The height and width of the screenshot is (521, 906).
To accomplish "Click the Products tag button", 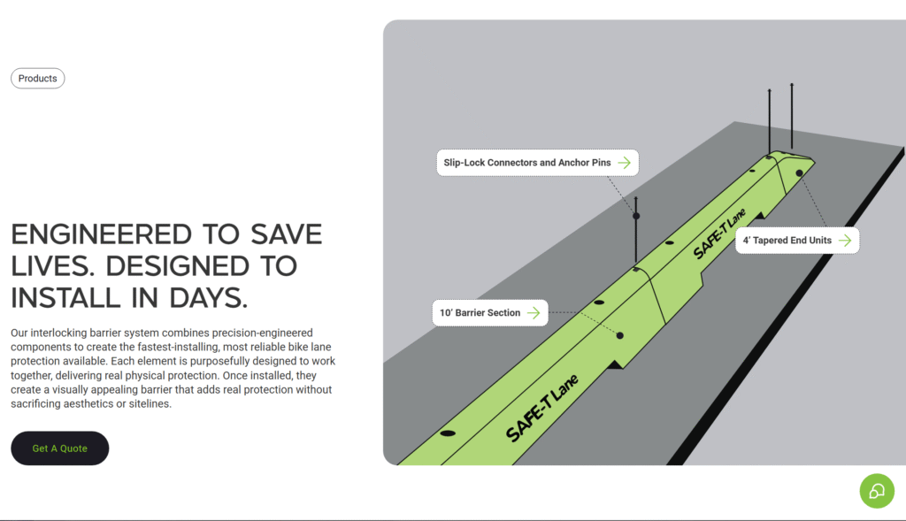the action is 37,79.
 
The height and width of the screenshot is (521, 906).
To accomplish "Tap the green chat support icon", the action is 877,491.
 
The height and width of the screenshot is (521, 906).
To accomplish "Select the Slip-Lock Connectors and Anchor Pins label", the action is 537,163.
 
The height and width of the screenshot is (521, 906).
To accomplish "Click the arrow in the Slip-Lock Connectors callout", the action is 624,163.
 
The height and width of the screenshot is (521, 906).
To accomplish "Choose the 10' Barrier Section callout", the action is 490,313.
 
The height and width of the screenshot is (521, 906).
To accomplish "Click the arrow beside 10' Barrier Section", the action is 534,313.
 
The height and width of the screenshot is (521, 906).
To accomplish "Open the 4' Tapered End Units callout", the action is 797,241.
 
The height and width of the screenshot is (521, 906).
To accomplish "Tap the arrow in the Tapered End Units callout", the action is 845,241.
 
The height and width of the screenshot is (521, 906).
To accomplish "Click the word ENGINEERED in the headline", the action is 102,234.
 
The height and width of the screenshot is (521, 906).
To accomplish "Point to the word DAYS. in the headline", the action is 208,298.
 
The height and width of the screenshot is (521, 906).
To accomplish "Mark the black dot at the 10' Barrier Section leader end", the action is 620,335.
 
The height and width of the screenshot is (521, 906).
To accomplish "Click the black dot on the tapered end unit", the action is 799,173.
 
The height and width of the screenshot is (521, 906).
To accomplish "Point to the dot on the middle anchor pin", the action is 636,216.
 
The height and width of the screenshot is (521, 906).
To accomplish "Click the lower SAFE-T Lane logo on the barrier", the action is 542,408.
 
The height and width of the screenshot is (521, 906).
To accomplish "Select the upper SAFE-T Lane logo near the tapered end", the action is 719,234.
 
